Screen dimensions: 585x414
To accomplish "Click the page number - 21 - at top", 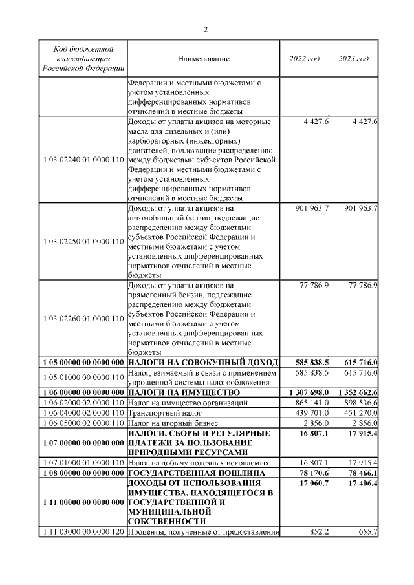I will pos(207,29).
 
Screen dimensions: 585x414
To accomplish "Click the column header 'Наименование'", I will pos(203,59).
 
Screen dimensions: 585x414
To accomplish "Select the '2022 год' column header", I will pos(304,59).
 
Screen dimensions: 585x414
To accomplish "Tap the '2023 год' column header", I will pos(354,59).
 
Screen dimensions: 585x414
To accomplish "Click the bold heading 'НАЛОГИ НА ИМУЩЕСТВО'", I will pos(184,392).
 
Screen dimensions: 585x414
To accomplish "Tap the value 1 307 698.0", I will pos(307,392).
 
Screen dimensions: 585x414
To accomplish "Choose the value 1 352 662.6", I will pos(356,392).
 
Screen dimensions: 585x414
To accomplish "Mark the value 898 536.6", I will pos(359,402).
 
